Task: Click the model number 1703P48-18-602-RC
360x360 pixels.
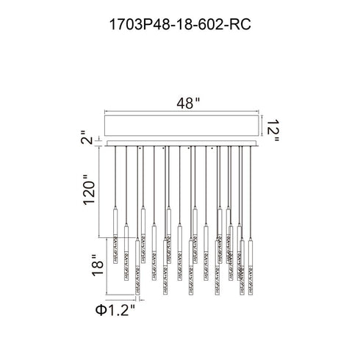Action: coord(180,24)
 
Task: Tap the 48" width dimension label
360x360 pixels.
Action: coord(188,103)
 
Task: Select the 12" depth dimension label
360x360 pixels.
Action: coord(273,131)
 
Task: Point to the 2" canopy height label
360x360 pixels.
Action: coord(87,137)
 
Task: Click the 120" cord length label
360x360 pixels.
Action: coord(89,190)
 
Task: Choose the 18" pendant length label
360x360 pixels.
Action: coord(98,265)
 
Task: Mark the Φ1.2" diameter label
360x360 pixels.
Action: coord(115,310)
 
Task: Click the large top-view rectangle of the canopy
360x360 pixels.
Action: coord(181,126)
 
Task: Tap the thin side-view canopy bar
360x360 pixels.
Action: coord(181,143)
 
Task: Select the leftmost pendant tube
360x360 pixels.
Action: coord(115,235)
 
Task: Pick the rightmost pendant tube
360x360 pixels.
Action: coord(251,267)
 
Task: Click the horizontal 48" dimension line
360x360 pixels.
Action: coord(181,112)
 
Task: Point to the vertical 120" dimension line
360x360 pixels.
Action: coord(99,192)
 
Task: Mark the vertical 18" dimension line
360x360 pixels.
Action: coord(107,266)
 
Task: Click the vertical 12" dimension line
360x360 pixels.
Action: coord(262,126)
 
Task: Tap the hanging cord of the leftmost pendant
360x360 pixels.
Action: coord(115,177)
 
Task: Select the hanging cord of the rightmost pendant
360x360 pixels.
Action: coord(251,192)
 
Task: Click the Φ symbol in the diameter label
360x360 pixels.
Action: coord(100,310)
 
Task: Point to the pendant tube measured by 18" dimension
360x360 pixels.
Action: coord(137,267)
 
